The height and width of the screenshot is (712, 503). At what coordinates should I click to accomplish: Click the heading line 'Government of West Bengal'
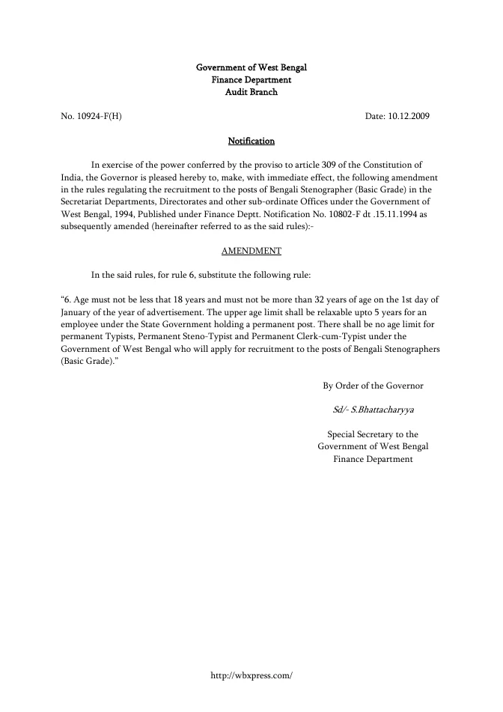(x=251, y=67)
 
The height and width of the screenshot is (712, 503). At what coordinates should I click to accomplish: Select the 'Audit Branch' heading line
(x=251, y=92)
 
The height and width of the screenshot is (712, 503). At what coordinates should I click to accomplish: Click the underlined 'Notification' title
(x=251, y=141)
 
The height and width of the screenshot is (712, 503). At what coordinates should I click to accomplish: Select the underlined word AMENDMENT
(x=251, y=251)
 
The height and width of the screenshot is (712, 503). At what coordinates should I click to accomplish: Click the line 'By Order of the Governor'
(x=373, y=386)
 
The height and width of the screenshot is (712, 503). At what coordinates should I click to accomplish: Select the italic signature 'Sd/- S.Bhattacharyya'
(x=373, y=410)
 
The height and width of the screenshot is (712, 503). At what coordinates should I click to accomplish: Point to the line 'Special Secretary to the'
(x=373, y=434)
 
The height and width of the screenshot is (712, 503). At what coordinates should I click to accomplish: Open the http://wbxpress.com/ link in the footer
(x=251, y=675)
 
